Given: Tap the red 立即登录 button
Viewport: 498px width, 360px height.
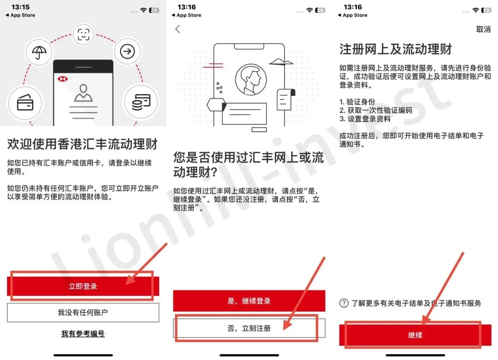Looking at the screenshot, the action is [83, 286].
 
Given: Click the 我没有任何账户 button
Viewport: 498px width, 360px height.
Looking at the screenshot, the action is [83, 313].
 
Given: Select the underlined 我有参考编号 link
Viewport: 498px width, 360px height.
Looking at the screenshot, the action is [83, 334].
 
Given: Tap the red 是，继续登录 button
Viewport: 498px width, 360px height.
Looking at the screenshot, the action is [249, 301].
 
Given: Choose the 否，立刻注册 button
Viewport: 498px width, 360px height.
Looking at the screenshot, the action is [249, 328].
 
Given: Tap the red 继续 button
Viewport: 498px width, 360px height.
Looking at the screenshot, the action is [415, 335].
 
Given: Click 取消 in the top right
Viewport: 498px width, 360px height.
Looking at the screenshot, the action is [483, 29].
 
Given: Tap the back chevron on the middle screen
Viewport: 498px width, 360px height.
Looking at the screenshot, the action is [178, 29].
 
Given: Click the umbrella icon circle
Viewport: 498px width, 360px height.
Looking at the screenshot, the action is [39, 52].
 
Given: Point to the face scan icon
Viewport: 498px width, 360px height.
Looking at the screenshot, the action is [83, 34].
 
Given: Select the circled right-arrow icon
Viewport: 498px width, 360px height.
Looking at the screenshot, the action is [127, 52].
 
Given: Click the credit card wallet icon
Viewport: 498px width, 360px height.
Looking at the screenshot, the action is [25, 103].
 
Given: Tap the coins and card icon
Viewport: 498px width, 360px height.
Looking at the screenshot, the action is [141, 102].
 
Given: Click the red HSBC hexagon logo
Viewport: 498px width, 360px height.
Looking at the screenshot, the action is [63, 79].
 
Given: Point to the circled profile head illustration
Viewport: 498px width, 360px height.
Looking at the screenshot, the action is [251, 80].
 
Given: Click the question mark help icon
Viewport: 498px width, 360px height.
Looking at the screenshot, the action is [344, 303].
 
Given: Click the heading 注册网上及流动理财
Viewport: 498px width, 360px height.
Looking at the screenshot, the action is [396, 49].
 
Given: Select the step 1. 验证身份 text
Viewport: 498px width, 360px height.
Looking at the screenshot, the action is [357, 101].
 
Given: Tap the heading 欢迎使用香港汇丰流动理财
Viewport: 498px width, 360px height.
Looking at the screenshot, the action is [83, 144].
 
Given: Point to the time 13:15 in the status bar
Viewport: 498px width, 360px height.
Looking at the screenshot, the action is [21, 7].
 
